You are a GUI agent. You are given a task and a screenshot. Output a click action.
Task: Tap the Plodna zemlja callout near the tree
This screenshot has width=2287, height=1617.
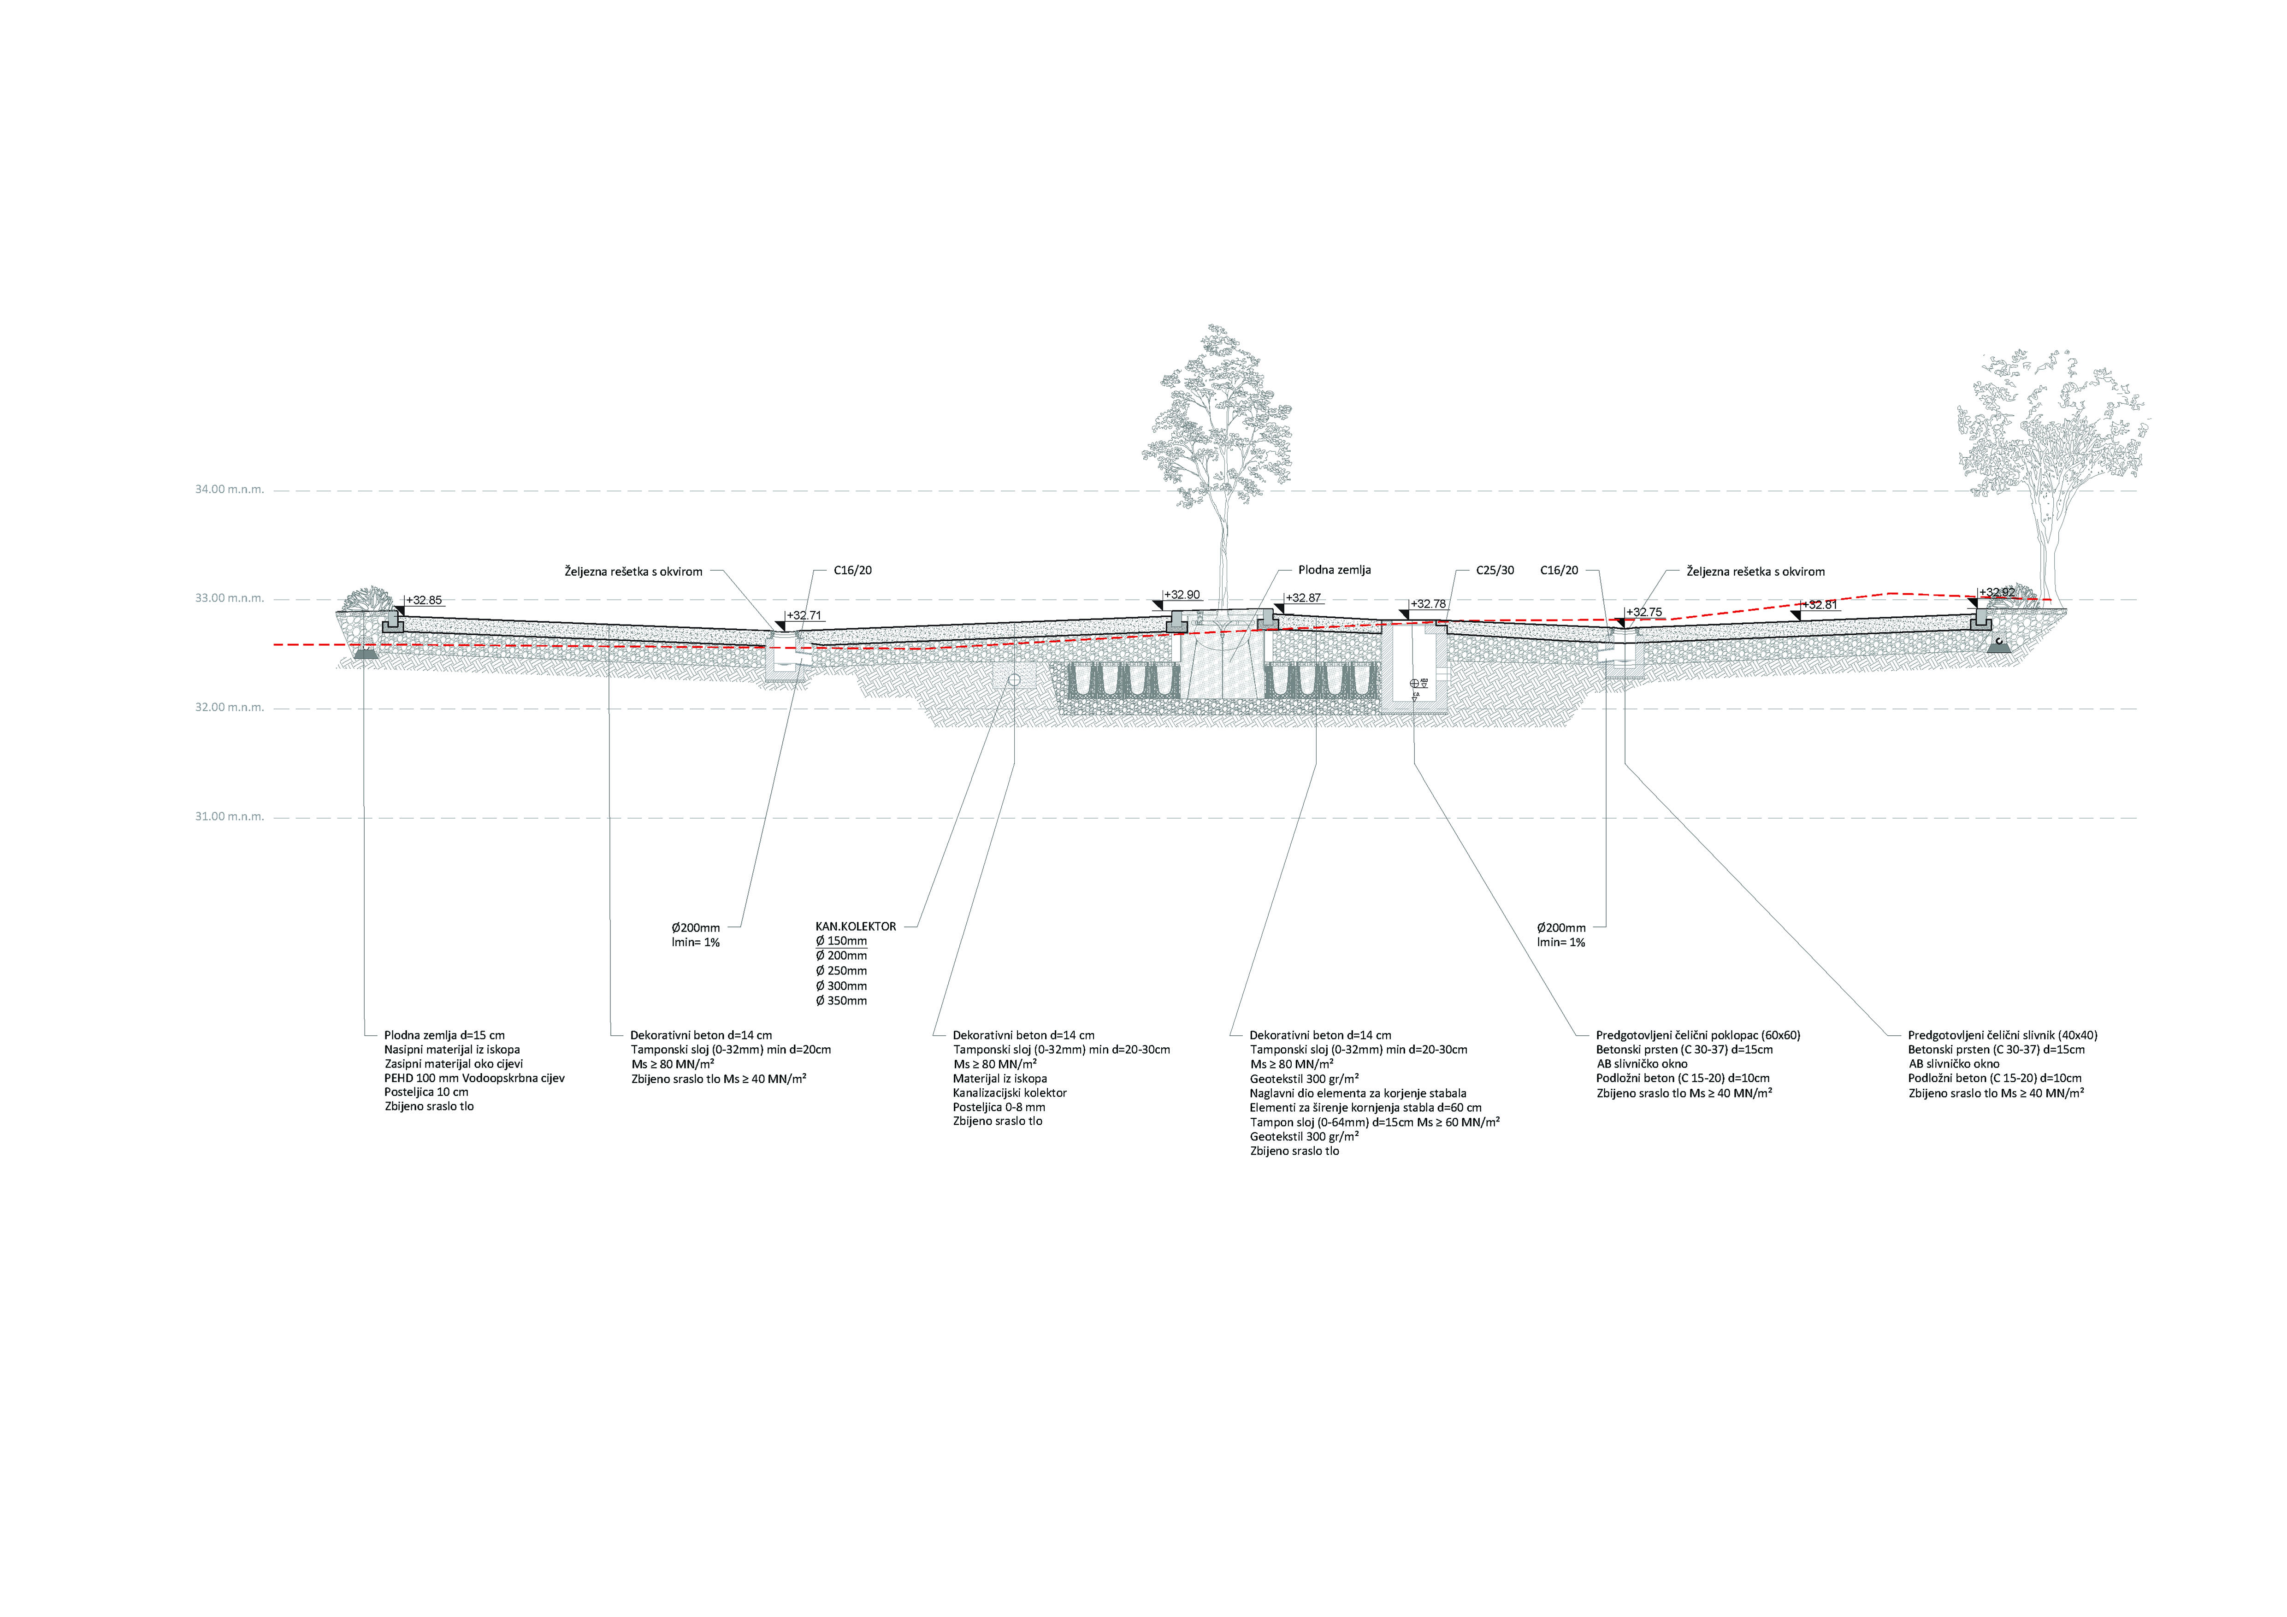[x=1334, y=571]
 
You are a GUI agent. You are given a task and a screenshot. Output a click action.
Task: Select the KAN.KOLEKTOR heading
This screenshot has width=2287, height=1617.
[x=856, y=926]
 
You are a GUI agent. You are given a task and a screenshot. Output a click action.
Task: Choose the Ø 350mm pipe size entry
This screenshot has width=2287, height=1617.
[x=842, y=1001]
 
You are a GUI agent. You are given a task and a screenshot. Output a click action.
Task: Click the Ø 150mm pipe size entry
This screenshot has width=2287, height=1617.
[x=842, y=941]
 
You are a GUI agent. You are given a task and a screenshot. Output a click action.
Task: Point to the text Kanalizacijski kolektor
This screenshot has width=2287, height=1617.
[x=1009, y=1092]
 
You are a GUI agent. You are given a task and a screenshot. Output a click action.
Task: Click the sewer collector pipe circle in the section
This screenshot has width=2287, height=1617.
[x=1014, y=679]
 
